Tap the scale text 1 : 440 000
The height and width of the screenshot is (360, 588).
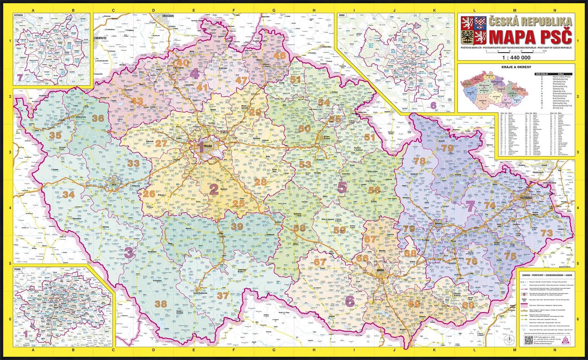click(516, 58)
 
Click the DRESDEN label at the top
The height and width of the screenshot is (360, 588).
click(168, 15)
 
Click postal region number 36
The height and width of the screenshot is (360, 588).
click(98, 118)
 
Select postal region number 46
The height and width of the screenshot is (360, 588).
click(279, 55)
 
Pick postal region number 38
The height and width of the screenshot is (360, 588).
click(161, 304)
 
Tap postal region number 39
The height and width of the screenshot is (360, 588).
click(237, 226)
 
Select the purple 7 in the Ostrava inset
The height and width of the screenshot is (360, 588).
click(20, 77)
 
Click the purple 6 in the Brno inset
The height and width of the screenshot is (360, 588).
click(433, 105)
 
